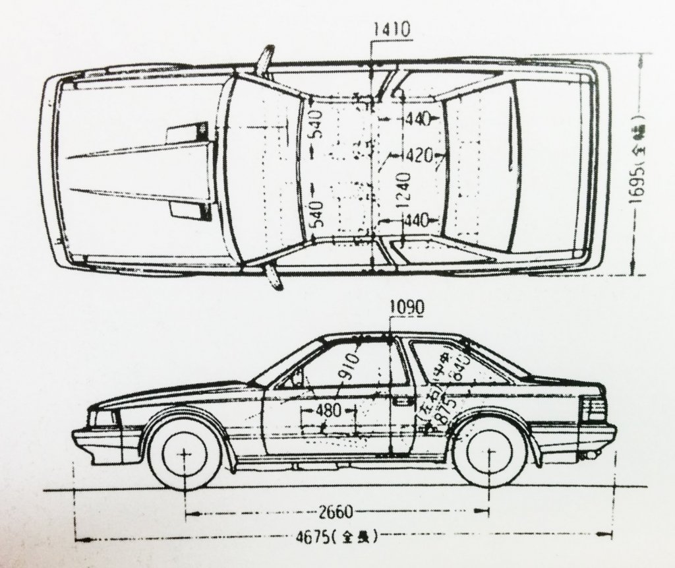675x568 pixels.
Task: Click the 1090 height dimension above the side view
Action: click(x=407, y=307)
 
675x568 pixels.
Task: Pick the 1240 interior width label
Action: click(x=403, y=190)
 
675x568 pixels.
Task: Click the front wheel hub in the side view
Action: click(x=184, y=455)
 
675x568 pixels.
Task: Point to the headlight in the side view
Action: click(x=104, y=418)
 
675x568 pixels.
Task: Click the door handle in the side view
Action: click(x=401, y=401)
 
